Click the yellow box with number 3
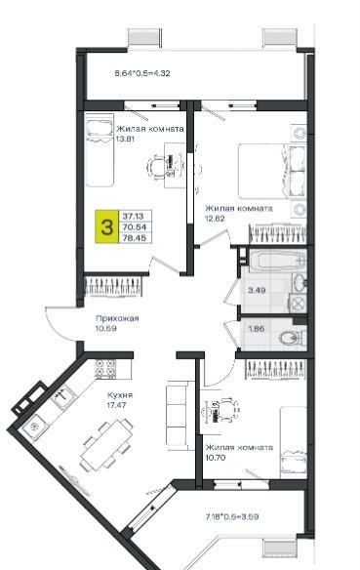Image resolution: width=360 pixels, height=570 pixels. (x=106, y=226)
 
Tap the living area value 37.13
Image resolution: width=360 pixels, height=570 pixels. (x=133, y=216)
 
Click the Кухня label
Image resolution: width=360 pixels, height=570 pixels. (x=120, y=395)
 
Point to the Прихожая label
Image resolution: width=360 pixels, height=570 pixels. (x=117, y=318)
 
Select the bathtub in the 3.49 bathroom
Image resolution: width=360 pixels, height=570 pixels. (x=277, y=261)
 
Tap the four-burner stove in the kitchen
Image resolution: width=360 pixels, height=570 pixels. (x=105, y=369)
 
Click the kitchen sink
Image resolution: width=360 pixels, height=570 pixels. (x=62, y=396)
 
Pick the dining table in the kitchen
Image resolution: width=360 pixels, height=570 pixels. (x=106, y=445)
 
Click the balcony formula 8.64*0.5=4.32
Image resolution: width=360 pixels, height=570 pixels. (x=142, y=73)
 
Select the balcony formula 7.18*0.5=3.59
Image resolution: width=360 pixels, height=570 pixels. (x=232, y=516)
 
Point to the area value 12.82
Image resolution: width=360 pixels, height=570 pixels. (x=216, y=219)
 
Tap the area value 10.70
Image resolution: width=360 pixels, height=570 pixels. (x=216, y=458)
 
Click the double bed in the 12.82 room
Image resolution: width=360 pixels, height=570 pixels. (x=272, y=171)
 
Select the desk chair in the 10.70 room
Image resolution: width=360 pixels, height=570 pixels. (x=228, y=409)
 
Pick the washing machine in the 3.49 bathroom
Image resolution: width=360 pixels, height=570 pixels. (x=298, y=303)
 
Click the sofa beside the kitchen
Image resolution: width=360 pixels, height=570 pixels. (x=177, y=415)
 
